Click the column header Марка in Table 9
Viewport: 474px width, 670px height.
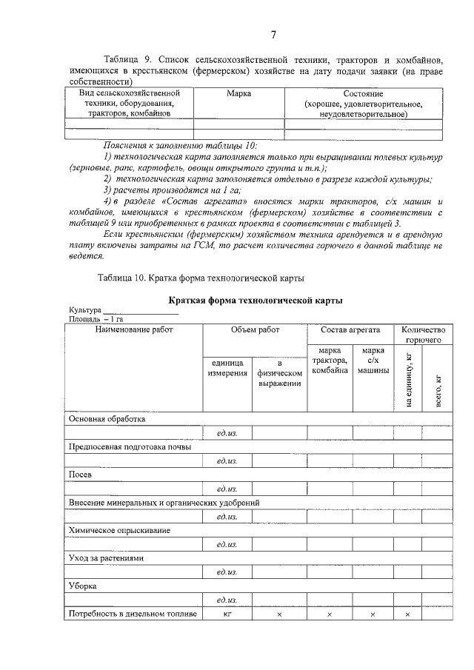[238, 94]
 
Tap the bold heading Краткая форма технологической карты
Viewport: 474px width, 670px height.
[256, 301]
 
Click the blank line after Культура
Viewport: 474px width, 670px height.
[130, 311]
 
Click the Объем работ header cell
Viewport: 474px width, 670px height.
[255, 330]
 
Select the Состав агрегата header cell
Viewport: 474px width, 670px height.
[350, 330]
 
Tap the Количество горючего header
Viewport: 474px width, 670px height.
[422, 335]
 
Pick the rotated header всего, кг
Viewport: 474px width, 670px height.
[437, 389]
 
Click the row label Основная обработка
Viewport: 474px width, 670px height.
[107, 418]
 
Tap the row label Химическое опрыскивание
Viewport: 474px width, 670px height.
[119, 530]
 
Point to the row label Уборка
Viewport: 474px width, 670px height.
[83, 586]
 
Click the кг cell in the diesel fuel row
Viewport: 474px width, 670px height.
[228, 614]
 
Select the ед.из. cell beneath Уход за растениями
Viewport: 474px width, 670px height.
[227, 572]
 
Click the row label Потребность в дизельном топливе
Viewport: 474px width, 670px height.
[132, 614]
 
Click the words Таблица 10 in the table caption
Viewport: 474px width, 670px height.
[122, 278]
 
